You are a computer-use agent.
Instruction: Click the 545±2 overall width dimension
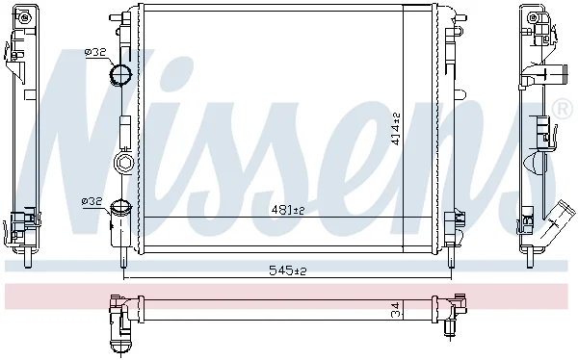click(x=288, y=270)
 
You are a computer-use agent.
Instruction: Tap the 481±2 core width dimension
click(x=288, y=211)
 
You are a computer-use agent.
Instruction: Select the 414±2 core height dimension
click(x=396, y=129)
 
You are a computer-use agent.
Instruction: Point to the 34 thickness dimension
click(x=396, y=310)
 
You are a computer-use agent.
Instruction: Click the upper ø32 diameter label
click(x=95, y=52)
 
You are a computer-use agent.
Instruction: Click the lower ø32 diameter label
click(x=92, y=201)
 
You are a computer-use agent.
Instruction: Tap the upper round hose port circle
click(x=120, y=74)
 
